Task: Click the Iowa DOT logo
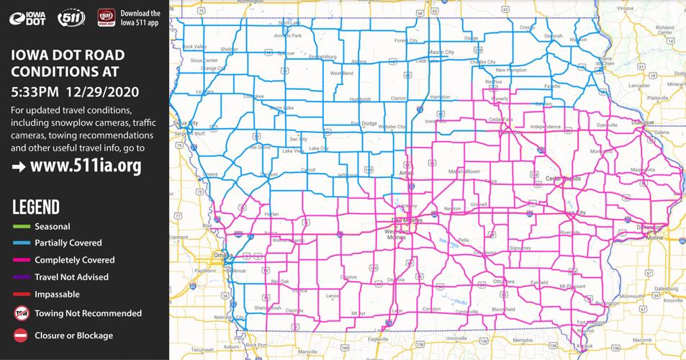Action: pyautogui.click(x=27, y=18)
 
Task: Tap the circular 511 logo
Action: pyautogui.click(x=71, y=18)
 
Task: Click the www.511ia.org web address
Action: pyautogui.click(x=86, y=166)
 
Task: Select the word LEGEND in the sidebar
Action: pyautogui.click(x=36, y=208)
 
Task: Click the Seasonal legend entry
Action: pyautogui.click(x=52, y=226)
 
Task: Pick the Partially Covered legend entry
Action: pyautogui.click(x=68, y=243)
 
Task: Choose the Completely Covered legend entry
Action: pyautogui.click(x=74, y=260)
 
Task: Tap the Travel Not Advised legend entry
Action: pyautogui.click(x=71, y=277)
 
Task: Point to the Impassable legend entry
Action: pyautogui.click(x=57, y=294)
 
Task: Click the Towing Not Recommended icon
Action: pyautogui.click(x=21, y=313)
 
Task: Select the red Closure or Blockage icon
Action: pyautogui.click(x=21, y=336)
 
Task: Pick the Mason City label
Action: pyautogui.click(x=441, y=53)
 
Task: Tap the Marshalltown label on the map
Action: pyautogui.click(x=464, y=171)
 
